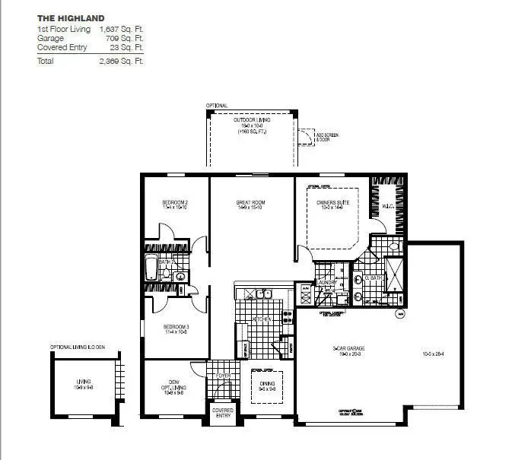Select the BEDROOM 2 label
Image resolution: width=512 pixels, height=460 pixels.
click(x=175, y=202)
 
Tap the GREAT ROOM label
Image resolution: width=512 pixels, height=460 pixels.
click(x=250, y=203)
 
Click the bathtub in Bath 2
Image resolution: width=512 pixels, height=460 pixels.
click(x=151, y=268)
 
